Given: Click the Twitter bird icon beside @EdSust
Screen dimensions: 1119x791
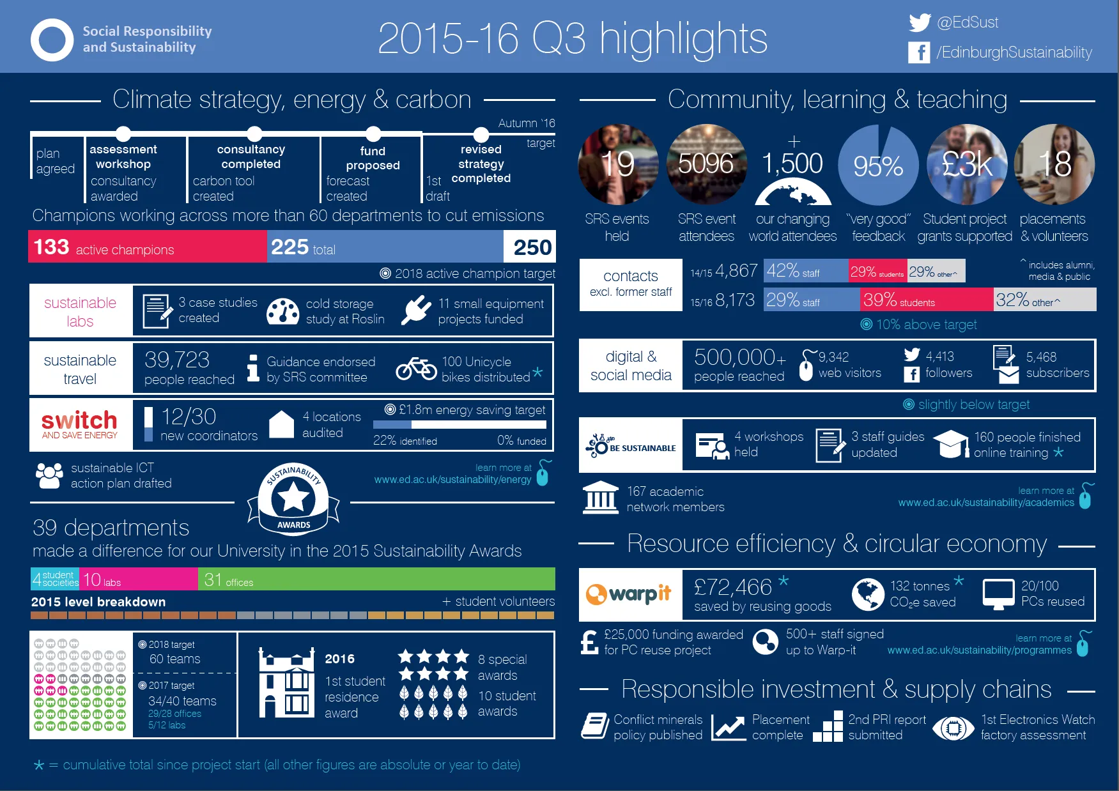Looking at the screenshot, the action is (920, 23).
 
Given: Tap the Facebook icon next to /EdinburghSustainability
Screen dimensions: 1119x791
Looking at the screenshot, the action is (919, 52).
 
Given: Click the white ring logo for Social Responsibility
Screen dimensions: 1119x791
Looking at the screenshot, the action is (52, 40).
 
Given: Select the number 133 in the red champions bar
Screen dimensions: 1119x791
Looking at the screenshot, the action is (51, 247).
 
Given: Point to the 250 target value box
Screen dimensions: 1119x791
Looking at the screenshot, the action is (530, 247).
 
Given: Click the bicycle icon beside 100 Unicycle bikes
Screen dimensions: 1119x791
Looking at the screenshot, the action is (416, 368).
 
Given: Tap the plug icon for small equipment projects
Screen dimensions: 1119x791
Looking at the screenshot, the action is (416, 310).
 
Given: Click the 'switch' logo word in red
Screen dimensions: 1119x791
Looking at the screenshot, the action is (79, 420).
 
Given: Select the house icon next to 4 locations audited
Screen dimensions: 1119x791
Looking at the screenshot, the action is (281, 424).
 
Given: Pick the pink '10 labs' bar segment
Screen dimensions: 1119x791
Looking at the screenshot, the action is (139, 579).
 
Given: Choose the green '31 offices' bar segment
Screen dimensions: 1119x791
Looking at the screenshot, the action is (376, 579).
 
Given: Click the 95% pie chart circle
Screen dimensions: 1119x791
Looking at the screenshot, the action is (878, 165).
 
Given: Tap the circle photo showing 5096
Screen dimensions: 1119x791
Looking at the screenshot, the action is (706, 165).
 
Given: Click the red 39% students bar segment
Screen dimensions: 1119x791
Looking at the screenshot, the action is (927, 299).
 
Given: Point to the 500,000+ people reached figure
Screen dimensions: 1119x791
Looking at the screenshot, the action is (739, 364).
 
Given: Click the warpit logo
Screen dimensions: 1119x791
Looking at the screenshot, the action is (629, 594).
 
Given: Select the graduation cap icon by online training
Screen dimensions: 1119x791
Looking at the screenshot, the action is (951, 443).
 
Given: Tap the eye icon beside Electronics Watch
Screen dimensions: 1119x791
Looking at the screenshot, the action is (953, 728).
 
